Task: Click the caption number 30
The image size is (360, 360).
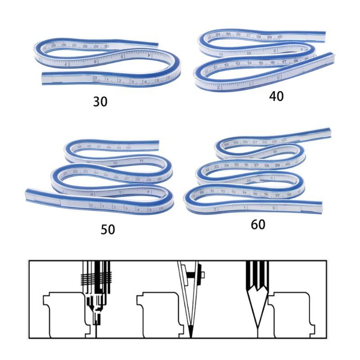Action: [100, 102]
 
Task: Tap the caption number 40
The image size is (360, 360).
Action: [277, 96]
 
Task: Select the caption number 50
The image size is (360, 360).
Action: [108, 229]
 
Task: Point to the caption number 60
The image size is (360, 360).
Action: [258, 224]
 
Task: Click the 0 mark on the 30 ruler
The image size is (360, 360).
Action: [95, 79]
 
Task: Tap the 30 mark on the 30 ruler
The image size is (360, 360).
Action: [106, 46]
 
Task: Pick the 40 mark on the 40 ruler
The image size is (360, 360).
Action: [280, 37]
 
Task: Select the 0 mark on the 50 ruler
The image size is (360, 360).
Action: [91, 206]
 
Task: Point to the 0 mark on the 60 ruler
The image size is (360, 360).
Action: [274, 207]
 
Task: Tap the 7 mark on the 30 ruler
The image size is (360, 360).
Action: [66, 64]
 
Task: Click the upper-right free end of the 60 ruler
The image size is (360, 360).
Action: [330, 132]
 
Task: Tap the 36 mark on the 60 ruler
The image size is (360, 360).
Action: [246, 165]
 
